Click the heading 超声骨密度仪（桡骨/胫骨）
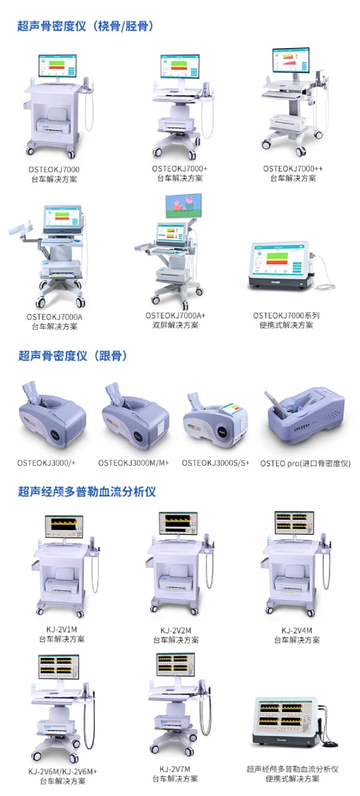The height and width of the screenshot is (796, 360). [86, 26]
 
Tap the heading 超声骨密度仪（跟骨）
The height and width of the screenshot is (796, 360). [73, 356]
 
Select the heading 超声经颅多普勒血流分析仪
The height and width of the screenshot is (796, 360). [87, 492]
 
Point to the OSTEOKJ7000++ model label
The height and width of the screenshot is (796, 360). [293, 169]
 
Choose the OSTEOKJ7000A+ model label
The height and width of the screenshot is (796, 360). [175, 315]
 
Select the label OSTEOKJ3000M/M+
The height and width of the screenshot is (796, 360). [134, 463]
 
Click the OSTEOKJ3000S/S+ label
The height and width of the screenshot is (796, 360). [215, 463]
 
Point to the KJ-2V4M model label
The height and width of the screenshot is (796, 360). [296, 630]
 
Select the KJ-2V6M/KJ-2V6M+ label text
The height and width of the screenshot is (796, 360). [62, 771]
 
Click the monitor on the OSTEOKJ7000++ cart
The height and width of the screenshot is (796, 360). [290, 62]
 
